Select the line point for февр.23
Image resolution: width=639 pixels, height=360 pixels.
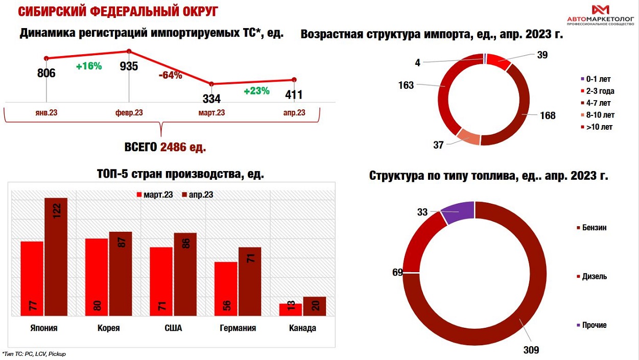(129, 51)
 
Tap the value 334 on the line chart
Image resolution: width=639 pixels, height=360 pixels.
(211, 99)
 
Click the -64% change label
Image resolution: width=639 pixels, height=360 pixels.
(170, 75)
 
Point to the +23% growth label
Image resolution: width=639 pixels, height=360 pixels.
(256, 91)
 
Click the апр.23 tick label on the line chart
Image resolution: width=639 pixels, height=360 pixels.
(294, 113)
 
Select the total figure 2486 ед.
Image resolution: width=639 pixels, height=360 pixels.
(183, 148)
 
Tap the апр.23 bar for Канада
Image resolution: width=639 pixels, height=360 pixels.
(314, 306)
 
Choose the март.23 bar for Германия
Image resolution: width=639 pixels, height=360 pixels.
(225, 289)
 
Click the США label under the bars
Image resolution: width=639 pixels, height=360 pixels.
(173, 328)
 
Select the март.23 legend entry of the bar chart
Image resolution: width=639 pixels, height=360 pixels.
(154, 195)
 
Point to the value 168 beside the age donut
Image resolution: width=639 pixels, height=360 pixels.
(547, 115)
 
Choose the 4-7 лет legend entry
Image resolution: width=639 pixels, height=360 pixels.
(598, 103)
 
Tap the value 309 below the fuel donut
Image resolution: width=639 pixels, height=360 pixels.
(531, 350)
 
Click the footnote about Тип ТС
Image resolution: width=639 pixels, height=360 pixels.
(34, 353)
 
